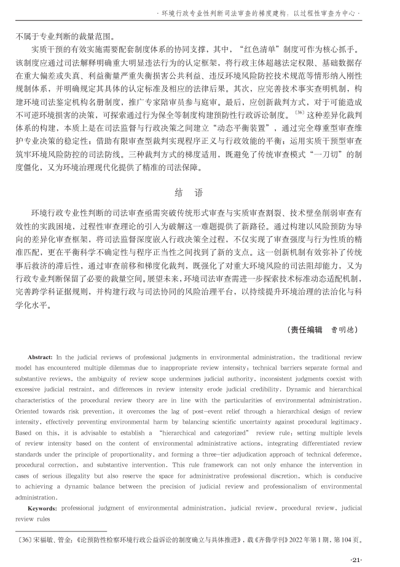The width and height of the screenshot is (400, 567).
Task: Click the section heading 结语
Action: point(199,193)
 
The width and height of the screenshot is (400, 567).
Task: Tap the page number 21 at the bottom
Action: point(355,558)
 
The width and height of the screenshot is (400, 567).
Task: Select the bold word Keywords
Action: point(43,509)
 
